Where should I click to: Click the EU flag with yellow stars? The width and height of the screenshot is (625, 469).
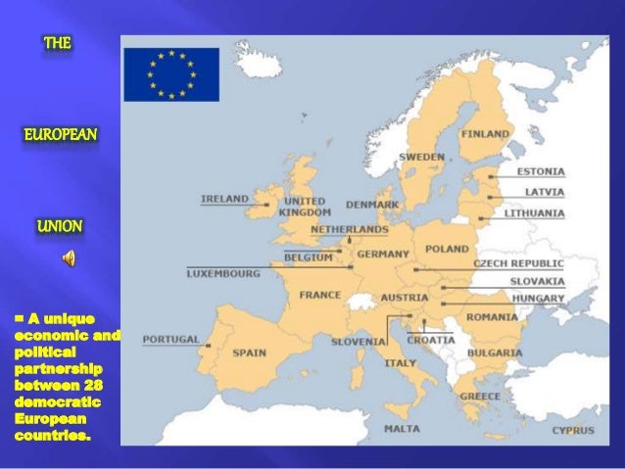pyautogui.click(x=170, y=74)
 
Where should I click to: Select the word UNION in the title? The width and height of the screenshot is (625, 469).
pyautogui.click(x=60, y=226)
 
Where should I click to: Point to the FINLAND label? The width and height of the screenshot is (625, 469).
pyautogui.click(x=485, y=133)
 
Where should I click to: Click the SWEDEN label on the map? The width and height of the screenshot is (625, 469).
pyautogui.click(x=421, y=157)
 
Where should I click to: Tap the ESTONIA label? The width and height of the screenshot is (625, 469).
pyautogui.click(x=541, y=172)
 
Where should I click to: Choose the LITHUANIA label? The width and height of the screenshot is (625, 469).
pyautogui.click(x=534, y=212)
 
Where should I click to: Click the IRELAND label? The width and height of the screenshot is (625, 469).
pyautogui.click(x=224, y=199)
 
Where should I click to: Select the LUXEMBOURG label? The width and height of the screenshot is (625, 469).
pyautogui.click(x=223, y=273)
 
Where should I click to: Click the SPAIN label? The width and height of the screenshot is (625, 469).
pyautogui.click(x=249, y=352)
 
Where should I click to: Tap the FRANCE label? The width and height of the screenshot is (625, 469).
pyautogui.click(x=319, y=294)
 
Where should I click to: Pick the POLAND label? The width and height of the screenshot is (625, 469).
pyautogui.click(x=447, y=250)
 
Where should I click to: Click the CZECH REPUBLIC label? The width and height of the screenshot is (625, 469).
pyautogui.click(x=518, y=263)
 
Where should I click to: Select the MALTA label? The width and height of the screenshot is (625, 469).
pyautogui.click(x=402, y=428)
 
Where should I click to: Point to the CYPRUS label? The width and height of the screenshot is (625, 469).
pyautogui.click(x=572, y=430)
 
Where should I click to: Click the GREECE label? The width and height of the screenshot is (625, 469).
pyautogui.click(x=480, y=397)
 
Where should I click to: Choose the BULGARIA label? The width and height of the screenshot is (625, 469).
pyautogui.click(x=494, y=352)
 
